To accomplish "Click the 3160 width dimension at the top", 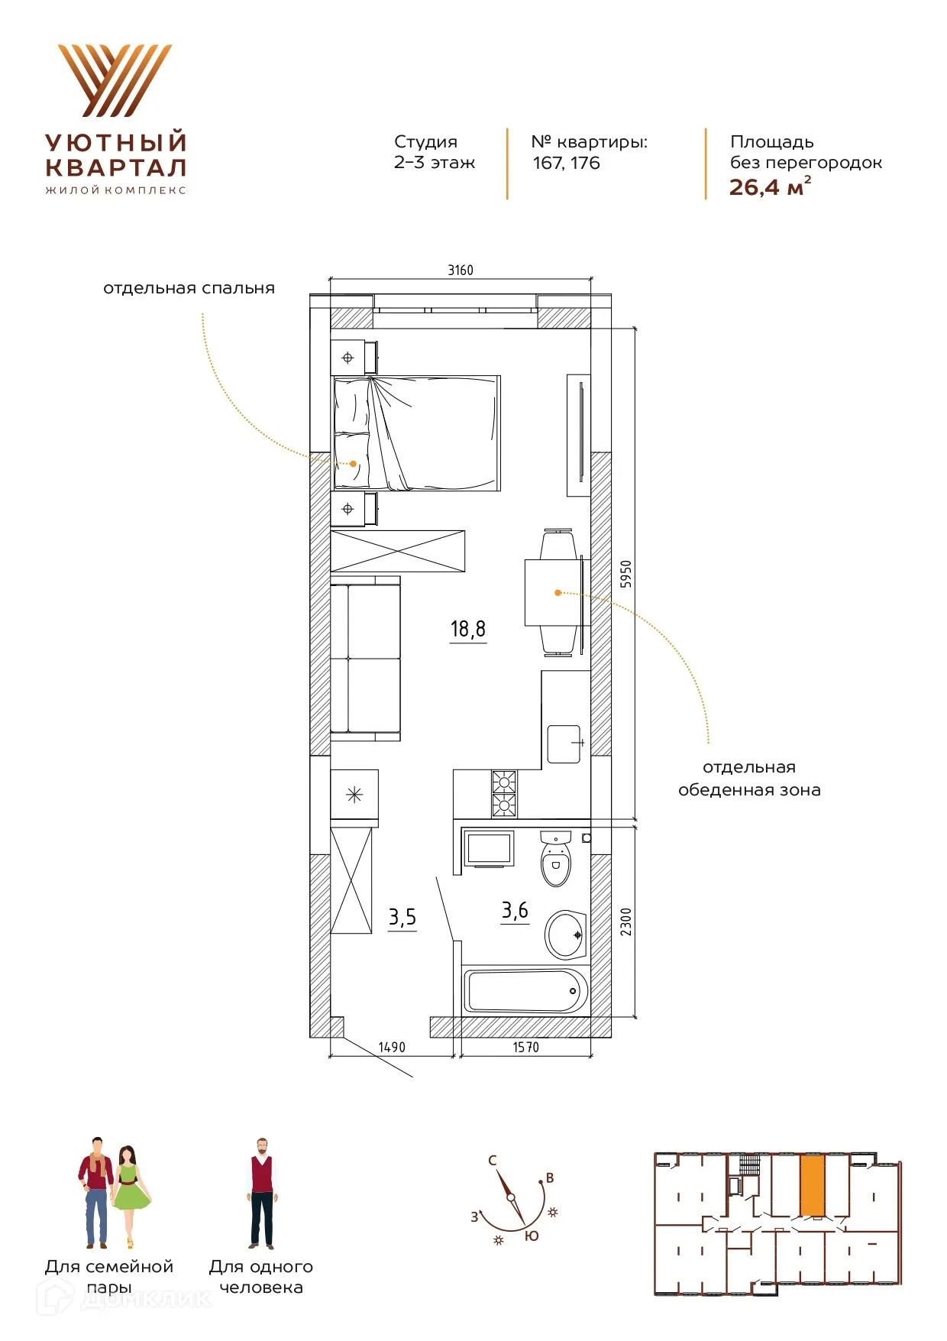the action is (x=461, y=270).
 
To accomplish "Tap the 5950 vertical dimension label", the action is (x=626, y=574).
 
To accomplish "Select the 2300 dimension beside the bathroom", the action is (x=626, y=922).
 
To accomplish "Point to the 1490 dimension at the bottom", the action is (x=392, y=1047).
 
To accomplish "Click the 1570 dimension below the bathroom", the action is (x=525, y=1047).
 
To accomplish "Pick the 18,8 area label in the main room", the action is (x=468, y=629).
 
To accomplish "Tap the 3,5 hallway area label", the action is (x=402, y=917).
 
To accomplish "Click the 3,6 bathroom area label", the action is (x=515, y=910).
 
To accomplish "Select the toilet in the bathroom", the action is (x=556, y=859).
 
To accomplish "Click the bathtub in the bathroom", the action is (x=526, y=990).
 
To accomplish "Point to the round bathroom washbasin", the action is (x=565, y=934).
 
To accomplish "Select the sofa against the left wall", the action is (x=365, y=658).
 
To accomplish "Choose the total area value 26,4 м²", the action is (x=770, y=186).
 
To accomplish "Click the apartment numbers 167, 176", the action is (x=566, y=163).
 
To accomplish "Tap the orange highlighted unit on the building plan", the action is (x=813, y=1185).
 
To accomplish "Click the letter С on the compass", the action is (x=493, y=1160).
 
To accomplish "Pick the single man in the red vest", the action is (x=261, y=1194).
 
